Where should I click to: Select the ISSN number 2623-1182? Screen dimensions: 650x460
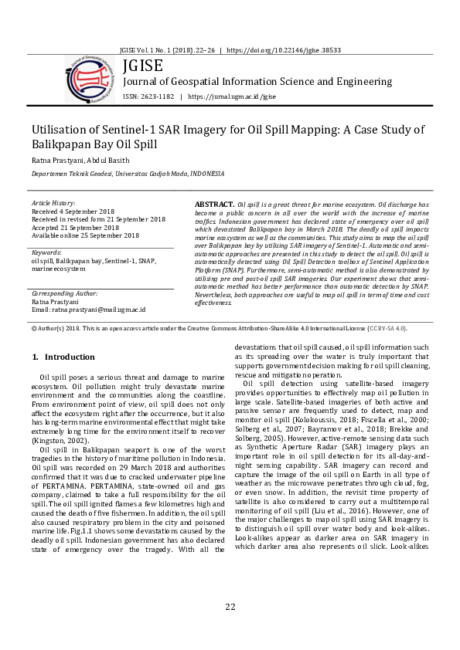(x=157, y=97)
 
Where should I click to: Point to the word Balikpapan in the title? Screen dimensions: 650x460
(x=64, y=144)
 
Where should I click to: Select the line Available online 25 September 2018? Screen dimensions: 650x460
(x=86, y=236)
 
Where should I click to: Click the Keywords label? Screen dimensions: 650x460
(x=46, y=252)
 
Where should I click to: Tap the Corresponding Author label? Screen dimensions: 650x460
(x=65, y=294)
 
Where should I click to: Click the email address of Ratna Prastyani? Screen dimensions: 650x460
(x=99, y=310)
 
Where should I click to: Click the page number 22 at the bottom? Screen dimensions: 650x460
(x=230, y=606)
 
